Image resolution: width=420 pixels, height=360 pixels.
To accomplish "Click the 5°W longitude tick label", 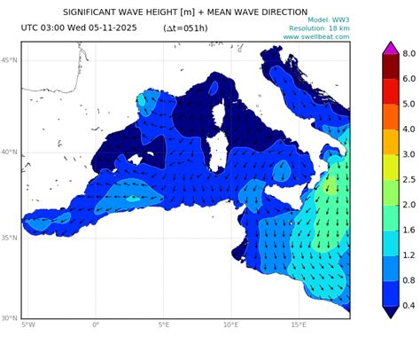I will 27,325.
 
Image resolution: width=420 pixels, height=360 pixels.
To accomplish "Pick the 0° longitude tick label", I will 96,325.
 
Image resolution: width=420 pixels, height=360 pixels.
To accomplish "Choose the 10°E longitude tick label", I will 230,325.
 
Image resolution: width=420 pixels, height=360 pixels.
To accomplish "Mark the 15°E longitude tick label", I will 299,325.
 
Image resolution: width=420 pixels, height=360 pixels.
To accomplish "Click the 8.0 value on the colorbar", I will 409,54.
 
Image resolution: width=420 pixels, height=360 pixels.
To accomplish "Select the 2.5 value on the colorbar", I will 409,179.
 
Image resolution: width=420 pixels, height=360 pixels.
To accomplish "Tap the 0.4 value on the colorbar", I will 409,305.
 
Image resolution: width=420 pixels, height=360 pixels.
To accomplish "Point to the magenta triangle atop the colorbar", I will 390,47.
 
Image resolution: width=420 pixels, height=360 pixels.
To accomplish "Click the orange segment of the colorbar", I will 390,116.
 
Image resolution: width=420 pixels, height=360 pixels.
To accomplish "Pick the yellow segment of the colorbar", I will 390,167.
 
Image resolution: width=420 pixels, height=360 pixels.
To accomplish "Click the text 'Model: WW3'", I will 329,20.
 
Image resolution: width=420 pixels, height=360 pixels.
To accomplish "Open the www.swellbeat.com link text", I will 315,37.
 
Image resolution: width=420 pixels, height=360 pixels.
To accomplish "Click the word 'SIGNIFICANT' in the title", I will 94,12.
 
